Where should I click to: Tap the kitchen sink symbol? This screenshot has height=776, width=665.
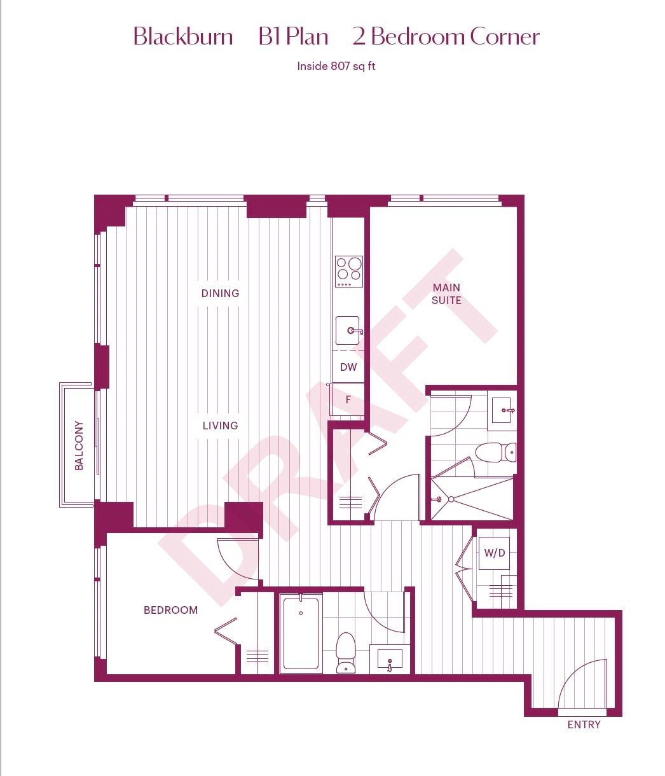tap(348, 331)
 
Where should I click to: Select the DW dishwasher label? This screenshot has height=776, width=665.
tap(348, 367)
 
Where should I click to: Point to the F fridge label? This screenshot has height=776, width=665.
tap(348, 400)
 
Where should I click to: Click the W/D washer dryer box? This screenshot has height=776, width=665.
tap(494, 553)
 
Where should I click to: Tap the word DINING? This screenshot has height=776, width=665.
tap(220, 293)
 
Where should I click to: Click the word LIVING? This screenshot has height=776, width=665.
tap(220, 426)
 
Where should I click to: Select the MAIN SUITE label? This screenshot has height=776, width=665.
tap(446, 294)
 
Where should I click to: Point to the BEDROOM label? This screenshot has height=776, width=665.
tap(170, 610)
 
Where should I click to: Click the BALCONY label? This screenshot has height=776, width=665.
tap(79, 445)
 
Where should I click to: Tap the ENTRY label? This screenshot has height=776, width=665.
tap(584, 724)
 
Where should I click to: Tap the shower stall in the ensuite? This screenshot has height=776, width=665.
tap(472, 499)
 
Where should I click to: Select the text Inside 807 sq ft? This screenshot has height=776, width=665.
tap(336, 66)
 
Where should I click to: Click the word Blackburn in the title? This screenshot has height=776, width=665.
tap(183, 37)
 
